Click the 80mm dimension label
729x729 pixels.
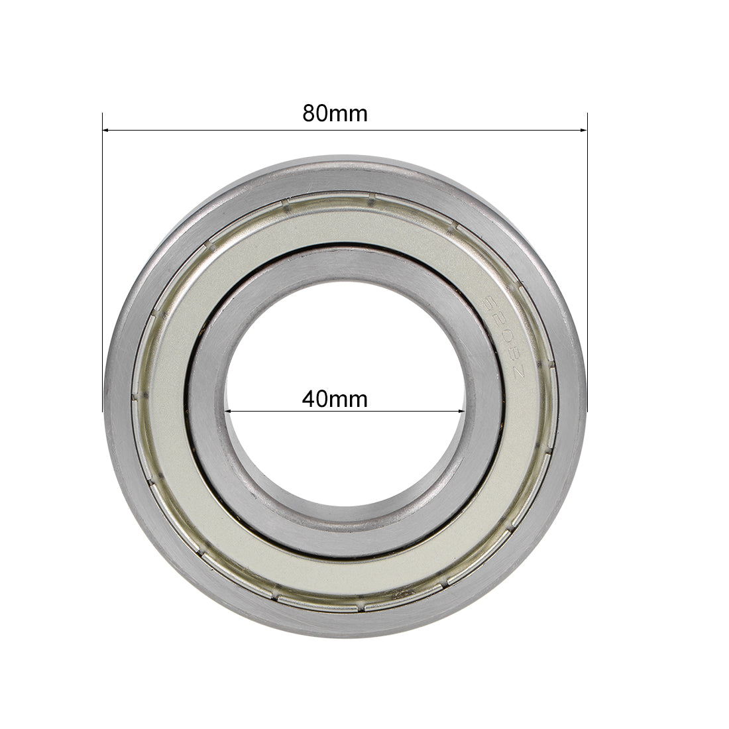[335, 113]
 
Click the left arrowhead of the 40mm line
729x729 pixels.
[229, 412]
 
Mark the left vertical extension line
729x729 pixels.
[103, 265]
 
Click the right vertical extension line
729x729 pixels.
[588, 265]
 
